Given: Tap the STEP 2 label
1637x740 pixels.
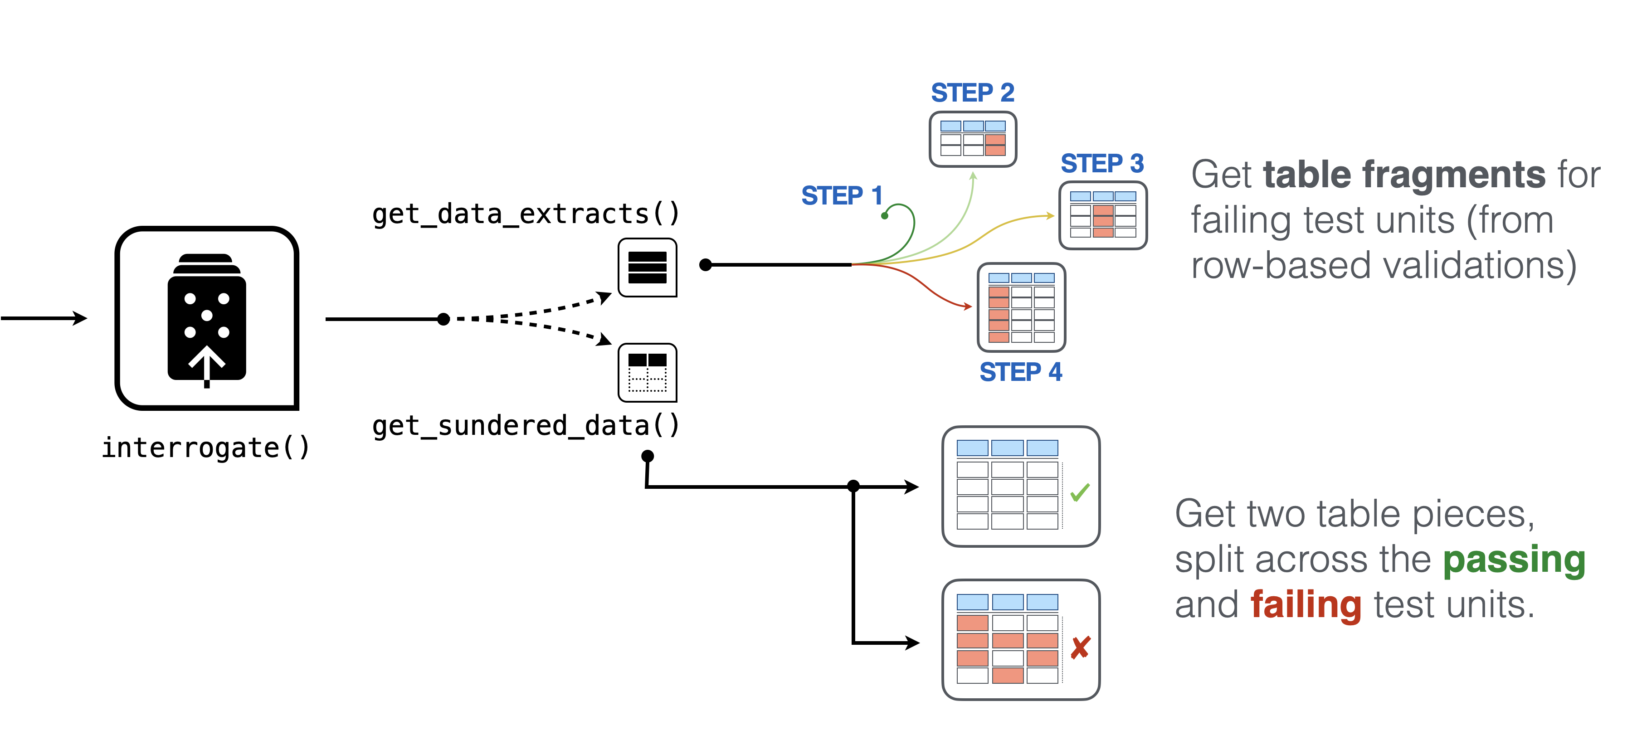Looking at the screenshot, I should point(972,93).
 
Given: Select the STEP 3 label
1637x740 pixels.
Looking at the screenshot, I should point(1102,164).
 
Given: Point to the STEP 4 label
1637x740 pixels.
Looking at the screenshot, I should point(1021,372).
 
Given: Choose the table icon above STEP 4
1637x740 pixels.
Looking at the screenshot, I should point(1021,307).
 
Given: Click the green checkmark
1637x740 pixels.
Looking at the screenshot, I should point(1080,492).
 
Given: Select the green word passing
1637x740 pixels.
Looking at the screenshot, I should point(1514,560).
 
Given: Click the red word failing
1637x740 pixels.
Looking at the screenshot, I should point(1306,605).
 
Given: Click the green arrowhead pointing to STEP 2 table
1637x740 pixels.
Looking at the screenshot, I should point(974,176).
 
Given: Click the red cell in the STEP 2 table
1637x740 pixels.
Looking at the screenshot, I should point(995,145).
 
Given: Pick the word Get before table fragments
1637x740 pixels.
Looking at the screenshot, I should point(1221,175).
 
